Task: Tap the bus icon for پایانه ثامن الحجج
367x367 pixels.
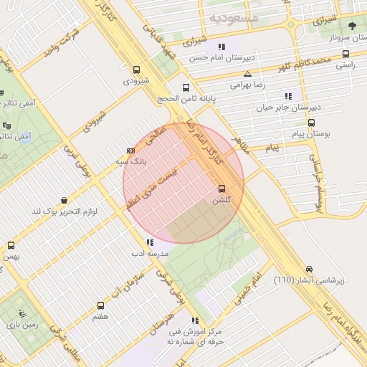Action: pyautogui.click(x=186, y=86)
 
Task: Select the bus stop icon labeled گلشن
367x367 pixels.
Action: pyautogui.click(x=221, y=189)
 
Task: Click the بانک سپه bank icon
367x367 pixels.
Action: pyautogui.click(x=130, y=151)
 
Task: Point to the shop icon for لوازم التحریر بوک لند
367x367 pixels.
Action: pyautogui.click(x=65, y=201)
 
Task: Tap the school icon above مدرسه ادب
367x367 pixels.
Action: pyautogui.click(x=149, y=242)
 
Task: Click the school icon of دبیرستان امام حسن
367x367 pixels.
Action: pyautogui.click(x=221, y=47)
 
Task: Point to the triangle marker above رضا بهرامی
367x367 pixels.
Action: pyautogui.click(x=247, y=74)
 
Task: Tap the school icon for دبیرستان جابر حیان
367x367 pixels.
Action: pyautogui.click(x=288, y=95)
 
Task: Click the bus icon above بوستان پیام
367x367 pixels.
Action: pyautogui.click(x=310, y=123)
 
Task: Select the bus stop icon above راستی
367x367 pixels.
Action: pyautogui.click(x=346, y=54)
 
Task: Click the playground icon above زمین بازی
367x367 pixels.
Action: pyautogui.click(x=22, y=313)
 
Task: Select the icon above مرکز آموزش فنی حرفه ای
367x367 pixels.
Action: pyautogui.click(x=195, y=320)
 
